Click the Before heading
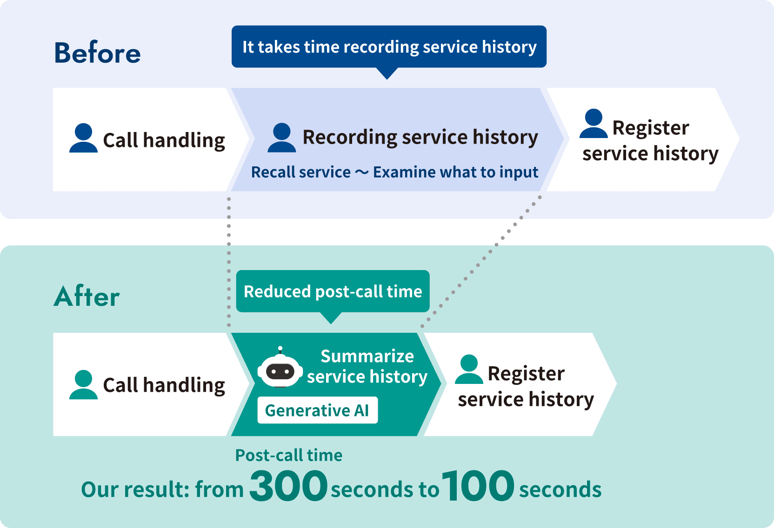click(97, 53)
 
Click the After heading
click(87, 296)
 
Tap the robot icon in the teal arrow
click(280, 368)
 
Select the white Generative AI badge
click(318, 410)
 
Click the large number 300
click(288, 486)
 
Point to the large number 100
click(478, 486)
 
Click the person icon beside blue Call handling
click(83, 138)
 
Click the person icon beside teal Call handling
click(83, 384)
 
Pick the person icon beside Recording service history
click(281, 138)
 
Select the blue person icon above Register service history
click(593, 123)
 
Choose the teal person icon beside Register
click(469, 369)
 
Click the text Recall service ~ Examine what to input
click(394, 172)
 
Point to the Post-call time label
click(288, 455)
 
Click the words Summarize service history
click(367, 366)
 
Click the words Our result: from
click(162, 490)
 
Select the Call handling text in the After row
click(164, 385)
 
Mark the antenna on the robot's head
click(280, 350)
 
